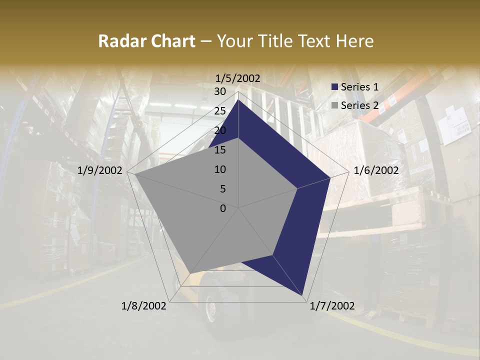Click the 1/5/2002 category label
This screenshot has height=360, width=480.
point(238,78)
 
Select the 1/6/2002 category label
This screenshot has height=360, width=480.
point(376,170)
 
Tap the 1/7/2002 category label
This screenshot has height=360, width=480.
point(332,305)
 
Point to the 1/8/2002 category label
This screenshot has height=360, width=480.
point(144,305)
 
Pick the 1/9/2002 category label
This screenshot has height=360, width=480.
point(100,170)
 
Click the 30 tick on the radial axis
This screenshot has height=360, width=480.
point(220,91)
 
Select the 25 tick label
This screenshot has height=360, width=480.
point(220,111)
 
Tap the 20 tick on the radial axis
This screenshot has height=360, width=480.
point(220,130)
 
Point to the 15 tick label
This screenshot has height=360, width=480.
point(220,150)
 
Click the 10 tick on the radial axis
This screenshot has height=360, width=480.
point(220,169)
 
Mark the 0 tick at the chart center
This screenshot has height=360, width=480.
point(223,208)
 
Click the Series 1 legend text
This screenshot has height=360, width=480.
point(359,86)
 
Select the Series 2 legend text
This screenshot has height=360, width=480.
point(359,105)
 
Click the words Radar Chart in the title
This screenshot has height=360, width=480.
point(146,41)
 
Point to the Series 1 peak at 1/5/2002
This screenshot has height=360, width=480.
point(238,100)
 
